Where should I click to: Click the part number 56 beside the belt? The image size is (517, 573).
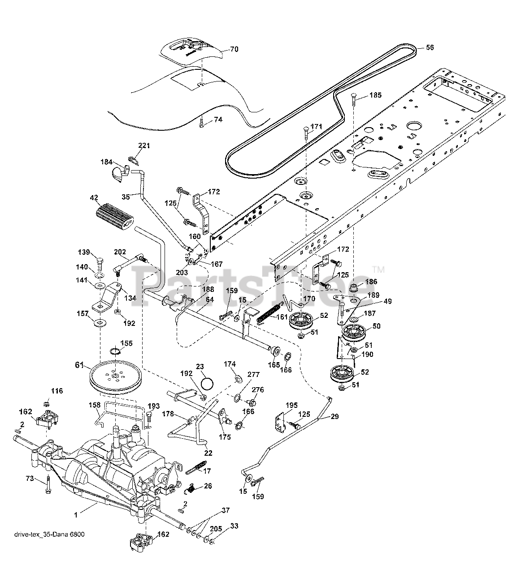[429, 47]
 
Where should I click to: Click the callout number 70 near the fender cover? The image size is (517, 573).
[234, 50]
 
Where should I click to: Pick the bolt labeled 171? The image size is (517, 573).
[305, 133]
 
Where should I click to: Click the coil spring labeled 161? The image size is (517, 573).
[270, 312]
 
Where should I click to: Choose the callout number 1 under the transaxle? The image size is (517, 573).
[76, 515]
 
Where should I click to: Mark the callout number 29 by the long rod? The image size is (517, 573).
[335, 416]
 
